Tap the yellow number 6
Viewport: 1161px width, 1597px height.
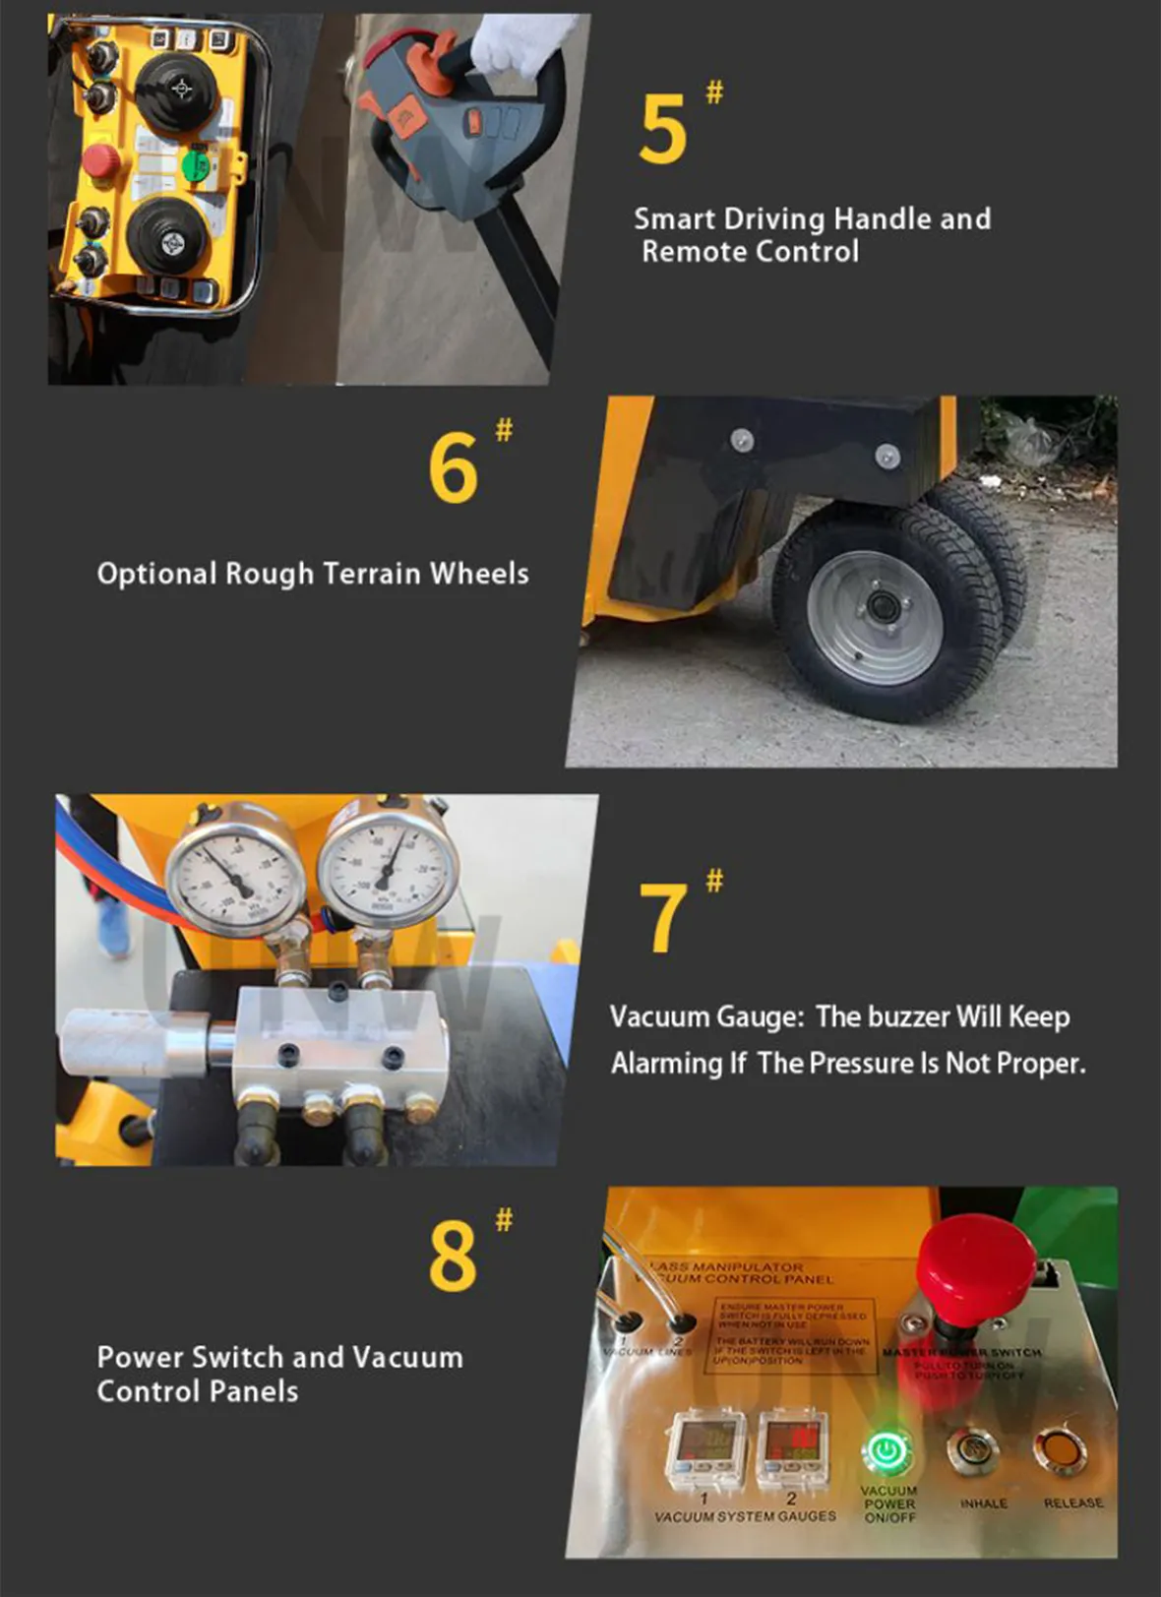tap(454, 468)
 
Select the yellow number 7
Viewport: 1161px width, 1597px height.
tap(662, 918)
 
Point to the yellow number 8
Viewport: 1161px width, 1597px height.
tap(453, 1256)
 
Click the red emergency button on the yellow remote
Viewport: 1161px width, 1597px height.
tap(100, 160)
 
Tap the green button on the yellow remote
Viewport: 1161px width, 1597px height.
tap(197, 163)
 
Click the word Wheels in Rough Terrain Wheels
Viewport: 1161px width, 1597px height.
tap(479, 574)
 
